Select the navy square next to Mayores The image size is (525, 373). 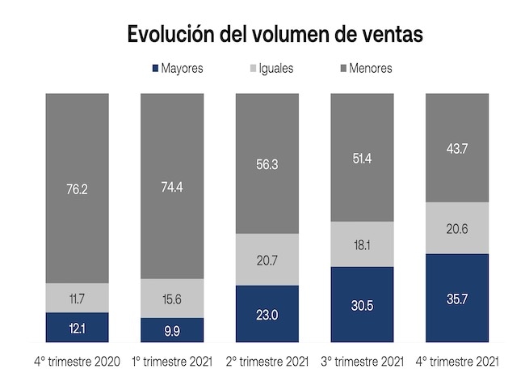pyautogui.click(x=155, y=69)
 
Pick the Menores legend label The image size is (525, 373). pyautogui.click(x=371, y=69)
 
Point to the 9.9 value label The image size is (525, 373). pyautogui.click(x=173, y=328)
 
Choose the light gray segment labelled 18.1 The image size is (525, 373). pyautogui.click(x=362, y=243)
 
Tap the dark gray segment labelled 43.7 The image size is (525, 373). pyautogui.click(x=457, y=147)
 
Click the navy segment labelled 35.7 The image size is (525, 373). pyautogui.click(x=457, y=297)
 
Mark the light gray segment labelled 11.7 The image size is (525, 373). pyautogui.click(x=77, y=298)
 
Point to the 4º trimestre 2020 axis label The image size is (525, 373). pyautogui.click(x=78, y=361)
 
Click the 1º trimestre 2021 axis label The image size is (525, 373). pyautogui.click(x=173, y=361)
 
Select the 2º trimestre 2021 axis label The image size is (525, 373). pyautogui.click(x=267, y=361)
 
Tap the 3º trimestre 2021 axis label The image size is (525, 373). pyautogui.click(x=362, y=361)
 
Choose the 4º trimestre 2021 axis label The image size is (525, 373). pyautogui.click(x=457, y=361)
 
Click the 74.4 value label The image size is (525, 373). pyautogui.click(x=173, y=187)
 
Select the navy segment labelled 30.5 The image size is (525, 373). pyautogui.click(x=362, y=303)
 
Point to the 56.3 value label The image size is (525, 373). pyautogui.click(x=267, y=163)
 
